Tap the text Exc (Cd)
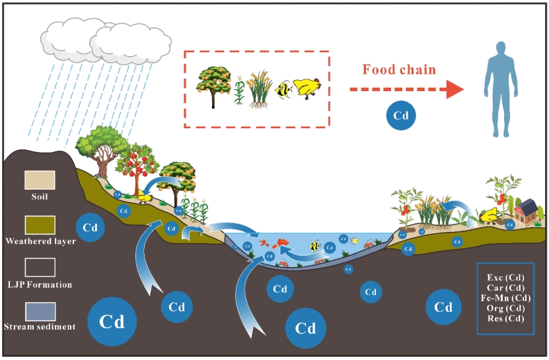[x=505, y=277]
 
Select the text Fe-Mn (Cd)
[x=505, y=298]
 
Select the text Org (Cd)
[x=505, y=308]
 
